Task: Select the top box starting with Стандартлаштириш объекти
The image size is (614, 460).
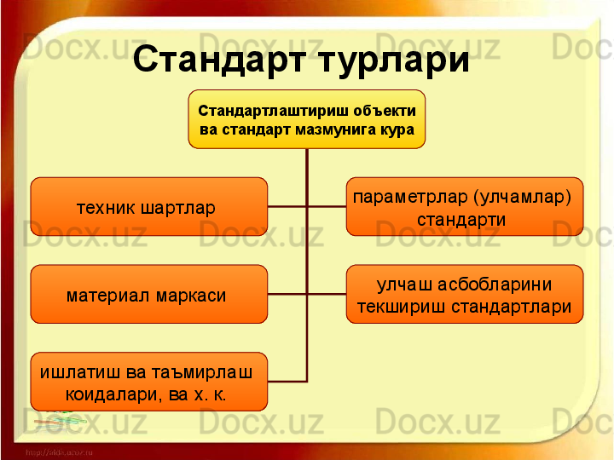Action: [x=307, y=119]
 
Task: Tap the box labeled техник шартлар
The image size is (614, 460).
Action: [x=148, y=206]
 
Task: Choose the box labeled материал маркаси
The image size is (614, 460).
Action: [x=148, y=295]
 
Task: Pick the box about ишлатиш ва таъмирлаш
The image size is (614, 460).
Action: [x=148, y=382]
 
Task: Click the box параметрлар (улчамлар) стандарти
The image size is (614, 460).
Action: [x=465, y=207]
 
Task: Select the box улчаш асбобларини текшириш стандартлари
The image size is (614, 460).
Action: [x=465, y=295]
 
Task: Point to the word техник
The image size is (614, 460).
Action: [x=106, y=207]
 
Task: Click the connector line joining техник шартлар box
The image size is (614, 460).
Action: [x=287, y=206]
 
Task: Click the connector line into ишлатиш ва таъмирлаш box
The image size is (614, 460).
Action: [x=287, y=381]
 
